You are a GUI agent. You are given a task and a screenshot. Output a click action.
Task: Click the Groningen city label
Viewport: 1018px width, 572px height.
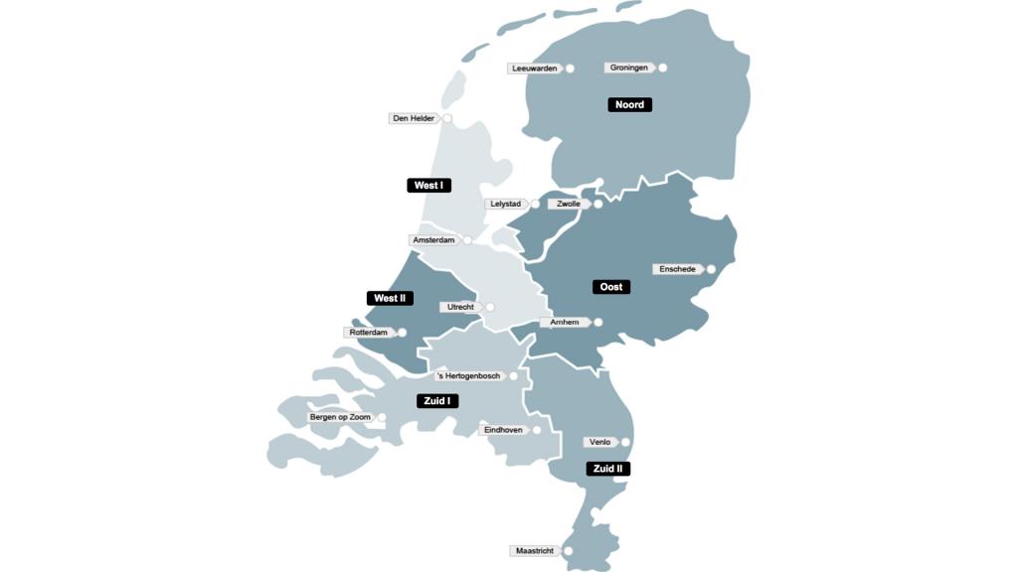point(629,69)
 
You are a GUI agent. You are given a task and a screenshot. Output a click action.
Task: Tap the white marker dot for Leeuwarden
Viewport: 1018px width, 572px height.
point(571,69)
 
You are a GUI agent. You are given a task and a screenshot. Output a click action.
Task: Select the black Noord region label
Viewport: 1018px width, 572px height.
point(629,105)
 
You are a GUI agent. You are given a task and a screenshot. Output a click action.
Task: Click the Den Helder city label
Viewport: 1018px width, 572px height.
point(414,119)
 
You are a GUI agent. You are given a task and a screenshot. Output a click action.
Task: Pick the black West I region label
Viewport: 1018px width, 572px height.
point(428,186)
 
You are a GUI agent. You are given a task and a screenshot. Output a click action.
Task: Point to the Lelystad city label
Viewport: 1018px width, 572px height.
point(505,205)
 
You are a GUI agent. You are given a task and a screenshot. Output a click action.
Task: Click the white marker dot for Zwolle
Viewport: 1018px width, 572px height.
point(598,205)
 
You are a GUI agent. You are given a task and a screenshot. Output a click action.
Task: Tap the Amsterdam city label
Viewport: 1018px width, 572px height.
point(434,240)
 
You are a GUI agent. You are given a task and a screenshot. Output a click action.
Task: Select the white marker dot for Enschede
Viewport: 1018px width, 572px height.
point(711,269)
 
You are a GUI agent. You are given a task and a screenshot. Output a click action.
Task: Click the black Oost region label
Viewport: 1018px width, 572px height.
point(611,287)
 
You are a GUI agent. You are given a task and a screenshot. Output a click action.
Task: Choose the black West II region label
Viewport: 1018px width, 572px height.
point(390,299)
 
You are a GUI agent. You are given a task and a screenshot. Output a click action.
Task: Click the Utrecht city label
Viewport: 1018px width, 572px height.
point(460,308)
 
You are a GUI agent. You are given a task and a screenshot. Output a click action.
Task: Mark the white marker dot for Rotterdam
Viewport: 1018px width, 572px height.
point(402,333)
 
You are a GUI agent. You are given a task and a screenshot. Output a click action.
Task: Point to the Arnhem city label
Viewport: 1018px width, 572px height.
point(565,323)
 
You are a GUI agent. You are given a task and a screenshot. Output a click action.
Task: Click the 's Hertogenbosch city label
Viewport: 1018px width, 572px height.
point(468,376)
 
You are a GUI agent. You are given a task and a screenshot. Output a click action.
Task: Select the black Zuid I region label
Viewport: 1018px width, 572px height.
point(436,401)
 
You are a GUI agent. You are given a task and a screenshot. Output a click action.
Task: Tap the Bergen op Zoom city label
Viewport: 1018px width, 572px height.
point(340,417)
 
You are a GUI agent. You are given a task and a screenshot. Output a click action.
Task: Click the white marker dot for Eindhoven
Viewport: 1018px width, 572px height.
point(537,430)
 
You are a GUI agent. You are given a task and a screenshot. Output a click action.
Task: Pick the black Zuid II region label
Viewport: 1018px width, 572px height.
point(607,469)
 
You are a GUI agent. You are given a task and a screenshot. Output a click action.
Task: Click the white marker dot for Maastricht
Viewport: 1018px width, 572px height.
point(568,551)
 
